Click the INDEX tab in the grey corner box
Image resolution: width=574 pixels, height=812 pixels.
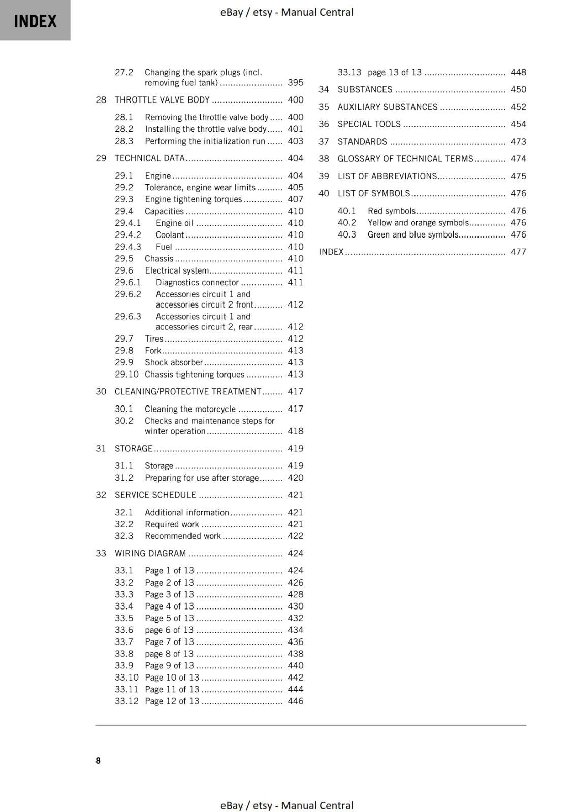pos(35,21)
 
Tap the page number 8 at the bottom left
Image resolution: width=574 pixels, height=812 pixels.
pos(98,760)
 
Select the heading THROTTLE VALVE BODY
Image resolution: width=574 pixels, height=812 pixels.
pos(162,100)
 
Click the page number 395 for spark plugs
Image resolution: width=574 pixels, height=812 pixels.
pos(295,83)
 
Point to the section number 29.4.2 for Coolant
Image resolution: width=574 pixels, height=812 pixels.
pos(128,235)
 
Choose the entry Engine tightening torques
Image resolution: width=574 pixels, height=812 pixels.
pos(193,199)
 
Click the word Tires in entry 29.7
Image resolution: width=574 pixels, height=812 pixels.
pos(154,339)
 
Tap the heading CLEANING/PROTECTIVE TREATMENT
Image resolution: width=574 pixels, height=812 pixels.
pos(187,392)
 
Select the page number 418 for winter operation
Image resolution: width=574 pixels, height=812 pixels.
pos(295,431)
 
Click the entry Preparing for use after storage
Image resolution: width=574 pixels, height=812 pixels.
pos(202,478)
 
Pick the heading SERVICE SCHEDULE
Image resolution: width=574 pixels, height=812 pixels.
pos(155,495)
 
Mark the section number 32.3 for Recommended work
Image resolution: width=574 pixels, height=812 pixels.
pos(124,536)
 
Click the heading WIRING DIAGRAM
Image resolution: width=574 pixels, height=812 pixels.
pos(150,554)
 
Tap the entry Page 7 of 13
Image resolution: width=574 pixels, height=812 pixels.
pos(169,642)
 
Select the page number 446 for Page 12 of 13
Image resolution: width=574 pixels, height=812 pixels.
pos(295,701)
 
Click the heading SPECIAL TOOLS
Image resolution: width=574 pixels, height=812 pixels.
pos(369,124)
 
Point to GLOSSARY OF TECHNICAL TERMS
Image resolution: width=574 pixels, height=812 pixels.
pos(405,159)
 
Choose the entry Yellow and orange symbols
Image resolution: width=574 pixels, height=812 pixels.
pos(418,223)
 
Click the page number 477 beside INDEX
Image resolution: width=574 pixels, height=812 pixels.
pos(518,252)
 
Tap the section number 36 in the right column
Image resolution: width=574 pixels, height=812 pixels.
pos(324,124)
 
